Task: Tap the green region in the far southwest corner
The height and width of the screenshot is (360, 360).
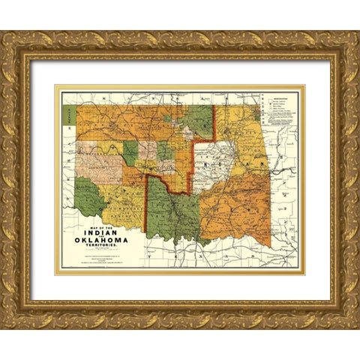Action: click(x=89, y=197)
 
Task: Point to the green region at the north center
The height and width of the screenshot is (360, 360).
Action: click(x=199, y=120)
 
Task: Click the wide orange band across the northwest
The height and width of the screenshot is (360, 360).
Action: click(x=127, y=120)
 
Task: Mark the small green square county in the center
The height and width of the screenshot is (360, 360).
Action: click(x=165, y=151)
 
